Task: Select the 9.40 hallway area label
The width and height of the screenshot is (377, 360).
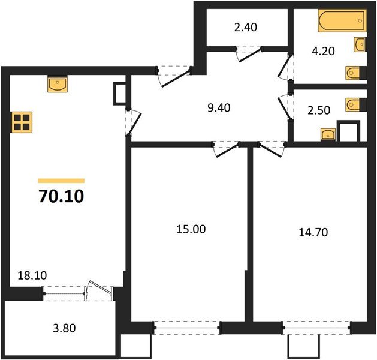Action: tap(218, 108)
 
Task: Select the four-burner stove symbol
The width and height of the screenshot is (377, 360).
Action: tap(21, 122)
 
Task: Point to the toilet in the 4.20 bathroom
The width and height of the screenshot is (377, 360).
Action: tap(354, 73)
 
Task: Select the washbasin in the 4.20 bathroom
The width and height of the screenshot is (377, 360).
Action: tap(360, 44)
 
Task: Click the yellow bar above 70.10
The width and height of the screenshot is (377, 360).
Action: tap(61, 180)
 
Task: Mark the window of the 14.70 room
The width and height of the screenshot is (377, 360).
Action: tap(316, 327)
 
